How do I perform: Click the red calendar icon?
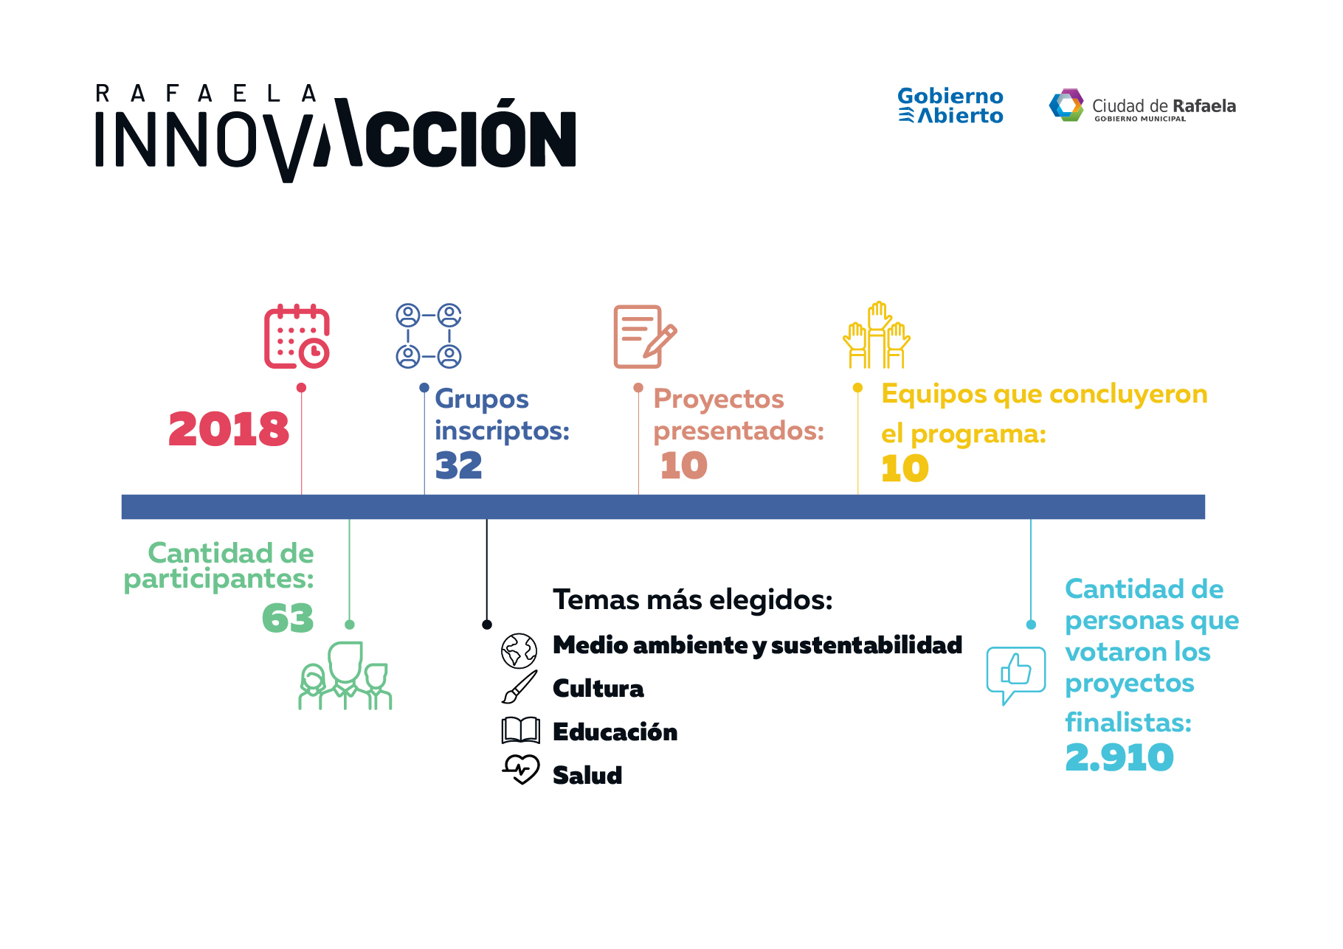pos(297,336)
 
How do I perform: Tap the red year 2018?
pos(229,429)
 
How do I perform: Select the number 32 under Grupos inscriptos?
pos(458,465)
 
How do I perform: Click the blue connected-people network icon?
pos(429,336)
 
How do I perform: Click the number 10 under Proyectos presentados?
pos(684,465)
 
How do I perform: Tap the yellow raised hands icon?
pos(877,335)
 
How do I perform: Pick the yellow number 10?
pos(905,468)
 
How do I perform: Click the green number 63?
pos(288,619)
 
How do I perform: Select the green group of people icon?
pos(345,675)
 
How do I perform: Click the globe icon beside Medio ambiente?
pos(519,651)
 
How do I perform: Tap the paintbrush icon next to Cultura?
pos(519,687)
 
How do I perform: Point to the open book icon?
pos(521,731)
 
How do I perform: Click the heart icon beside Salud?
pos(521,770)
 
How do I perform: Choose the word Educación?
pos(615,731)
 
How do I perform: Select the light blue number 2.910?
pos(1119,758)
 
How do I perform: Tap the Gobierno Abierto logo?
pos(950,105)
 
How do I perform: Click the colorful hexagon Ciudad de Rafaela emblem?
pos(1067,105)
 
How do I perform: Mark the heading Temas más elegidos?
pos(693,600)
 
